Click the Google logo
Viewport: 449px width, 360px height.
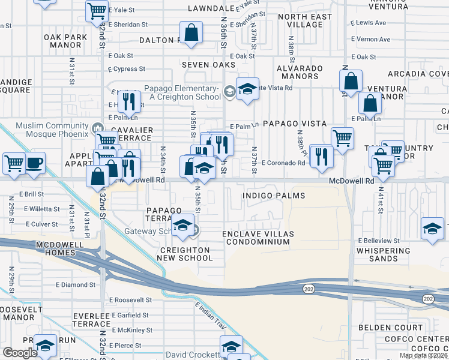20,353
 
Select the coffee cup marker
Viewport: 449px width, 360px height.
34,163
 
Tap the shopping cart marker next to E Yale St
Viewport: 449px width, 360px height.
96,11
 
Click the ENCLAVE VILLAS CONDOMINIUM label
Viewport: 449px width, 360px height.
256,238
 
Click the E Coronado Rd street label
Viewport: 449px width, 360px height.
283,163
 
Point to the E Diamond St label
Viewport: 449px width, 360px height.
75,284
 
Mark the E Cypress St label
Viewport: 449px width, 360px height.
127,69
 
